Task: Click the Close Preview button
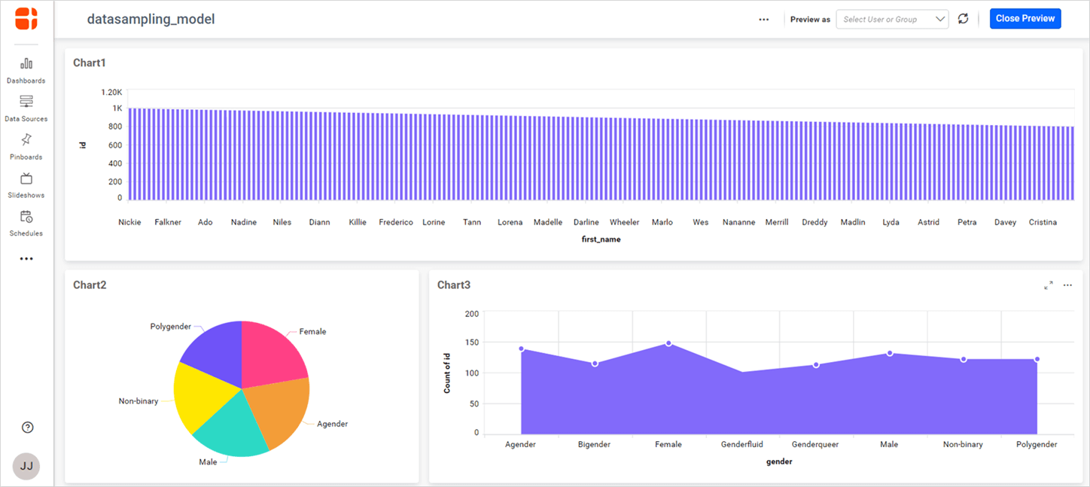click(1025, 19)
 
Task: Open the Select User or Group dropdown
click(892, 20)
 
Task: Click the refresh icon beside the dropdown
click(963, 19)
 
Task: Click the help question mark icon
click(28, 428)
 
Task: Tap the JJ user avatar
click(26, 466)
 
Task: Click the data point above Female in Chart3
click(668, 343)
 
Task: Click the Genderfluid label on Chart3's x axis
click(741, 444)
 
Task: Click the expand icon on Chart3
click(1049, 285)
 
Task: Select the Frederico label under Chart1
click(396, 222)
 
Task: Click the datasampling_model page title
click(151, 20)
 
